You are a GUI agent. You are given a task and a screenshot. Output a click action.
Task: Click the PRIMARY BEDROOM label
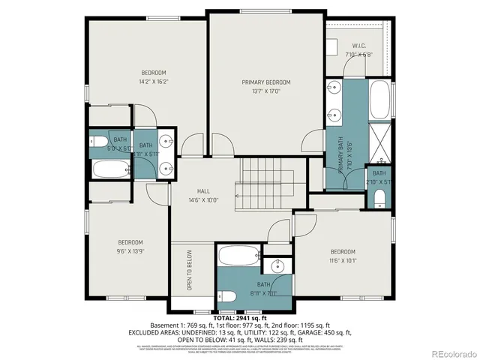coord(265,82)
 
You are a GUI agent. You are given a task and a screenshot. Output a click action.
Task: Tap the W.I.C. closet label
coord(358,46)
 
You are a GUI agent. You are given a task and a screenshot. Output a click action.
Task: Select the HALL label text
coord(202,191)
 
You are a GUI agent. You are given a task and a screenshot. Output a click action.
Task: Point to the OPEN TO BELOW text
coord(190,270)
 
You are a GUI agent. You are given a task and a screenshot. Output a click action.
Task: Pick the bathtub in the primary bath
coord(380,99)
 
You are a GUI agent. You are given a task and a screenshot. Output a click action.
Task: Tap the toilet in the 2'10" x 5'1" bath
coord(379,199)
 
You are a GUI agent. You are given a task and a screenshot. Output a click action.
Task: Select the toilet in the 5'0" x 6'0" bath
coord(100,142)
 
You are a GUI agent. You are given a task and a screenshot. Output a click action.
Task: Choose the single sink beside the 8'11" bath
coord(280,266)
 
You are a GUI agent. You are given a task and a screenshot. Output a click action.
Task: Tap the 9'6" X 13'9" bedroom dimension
coord(130,251)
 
